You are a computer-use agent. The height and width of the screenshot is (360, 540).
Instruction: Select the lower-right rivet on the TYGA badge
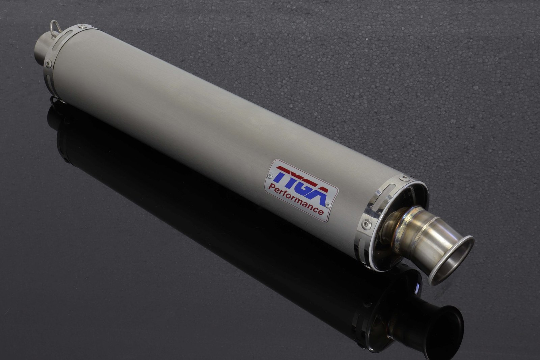327,205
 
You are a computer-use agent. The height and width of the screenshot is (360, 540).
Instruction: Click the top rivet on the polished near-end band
404,178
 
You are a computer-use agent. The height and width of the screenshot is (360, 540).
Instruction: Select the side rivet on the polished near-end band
367,225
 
